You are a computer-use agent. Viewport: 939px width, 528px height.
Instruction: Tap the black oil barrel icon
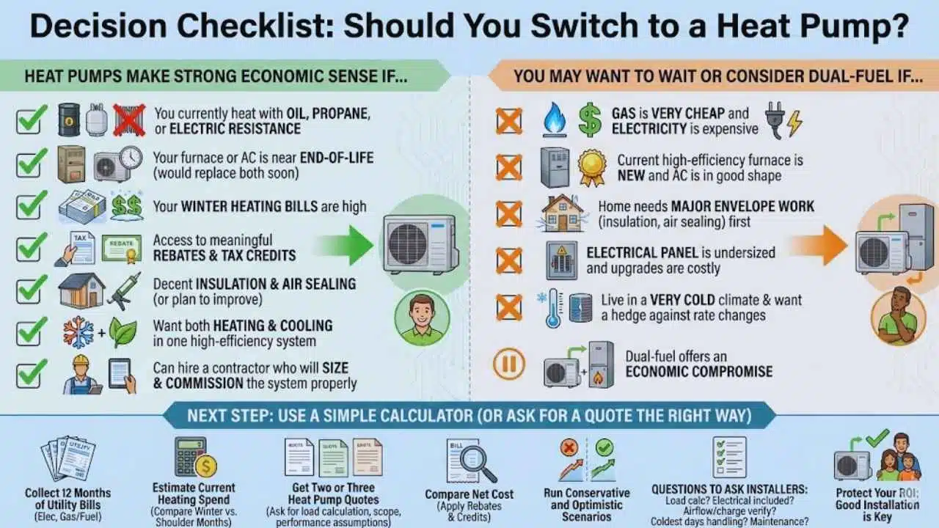point(69,120)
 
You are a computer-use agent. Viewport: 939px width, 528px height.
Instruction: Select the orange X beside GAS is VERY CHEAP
point(509,121)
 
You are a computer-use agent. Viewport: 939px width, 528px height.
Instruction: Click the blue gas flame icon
point(555,120)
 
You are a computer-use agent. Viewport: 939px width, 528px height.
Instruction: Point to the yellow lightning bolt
point(794,123)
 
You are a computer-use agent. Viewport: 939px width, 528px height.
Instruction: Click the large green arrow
point(345,245)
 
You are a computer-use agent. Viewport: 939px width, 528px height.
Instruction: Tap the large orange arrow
point(818,245)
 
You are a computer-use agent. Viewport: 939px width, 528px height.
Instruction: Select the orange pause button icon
point(509,363)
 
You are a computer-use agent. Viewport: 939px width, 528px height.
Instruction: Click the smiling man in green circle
point(422,318)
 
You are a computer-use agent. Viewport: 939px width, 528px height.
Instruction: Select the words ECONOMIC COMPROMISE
point(699,372)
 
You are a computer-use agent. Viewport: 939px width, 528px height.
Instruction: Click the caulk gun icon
point(125,291)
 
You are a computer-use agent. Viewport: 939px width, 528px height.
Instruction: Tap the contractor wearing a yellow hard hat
point(82,375)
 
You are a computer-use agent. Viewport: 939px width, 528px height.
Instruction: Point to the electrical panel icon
point(562,260)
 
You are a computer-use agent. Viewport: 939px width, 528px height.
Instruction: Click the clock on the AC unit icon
point(131,158)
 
